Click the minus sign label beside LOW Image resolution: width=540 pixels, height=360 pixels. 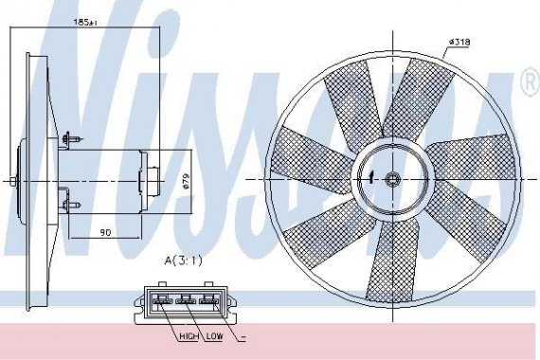point(243,335)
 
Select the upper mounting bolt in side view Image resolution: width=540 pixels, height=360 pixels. point(68,141)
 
